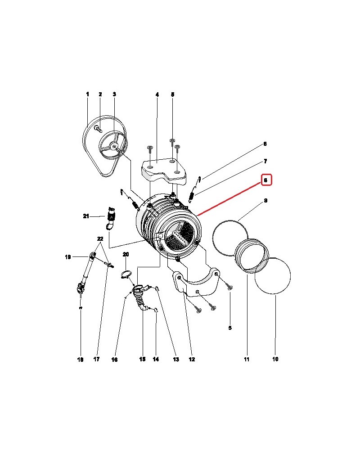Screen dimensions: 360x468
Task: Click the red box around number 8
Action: pyautogui.click(x=266, y=180)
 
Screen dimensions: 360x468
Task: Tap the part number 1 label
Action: pyautogui.click(x=87, y=94)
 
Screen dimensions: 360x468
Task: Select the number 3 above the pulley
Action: pyautogui.click(x=114, y=94)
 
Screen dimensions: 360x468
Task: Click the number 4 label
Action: pyautogui.click(x=157, y=94)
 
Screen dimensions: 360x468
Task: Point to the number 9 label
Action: pyautogui.click(x=265, y=201)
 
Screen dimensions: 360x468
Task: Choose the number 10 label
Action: pyautogui.click(x=275, y=359)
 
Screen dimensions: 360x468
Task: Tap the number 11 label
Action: pyautogui.click(x=247, y=360)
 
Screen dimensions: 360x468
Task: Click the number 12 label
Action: pyautogui.click(x=192, y=360)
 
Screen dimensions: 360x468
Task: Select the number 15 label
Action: pyautogui.click(x=142, y=359)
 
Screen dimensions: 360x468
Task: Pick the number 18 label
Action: pyautogui.click(x=80, y=360)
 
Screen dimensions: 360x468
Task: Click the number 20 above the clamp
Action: pyautogui.click(x=126, y=254)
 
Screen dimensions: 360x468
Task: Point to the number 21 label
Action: pyautogui.click(x=86, y=216)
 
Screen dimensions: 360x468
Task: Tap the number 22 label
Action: pyautogui.click(x=100, y=239)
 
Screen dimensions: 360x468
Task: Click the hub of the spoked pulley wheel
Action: pyautogui.click(x=114, y=146)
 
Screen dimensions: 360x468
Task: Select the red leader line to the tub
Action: pyautogui.click(x=229, y=198)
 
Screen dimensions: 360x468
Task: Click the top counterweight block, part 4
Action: pyautogui.click(x=164, y=171)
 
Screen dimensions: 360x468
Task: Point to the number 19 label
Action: pyautogui.click(x=68, y=256)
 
